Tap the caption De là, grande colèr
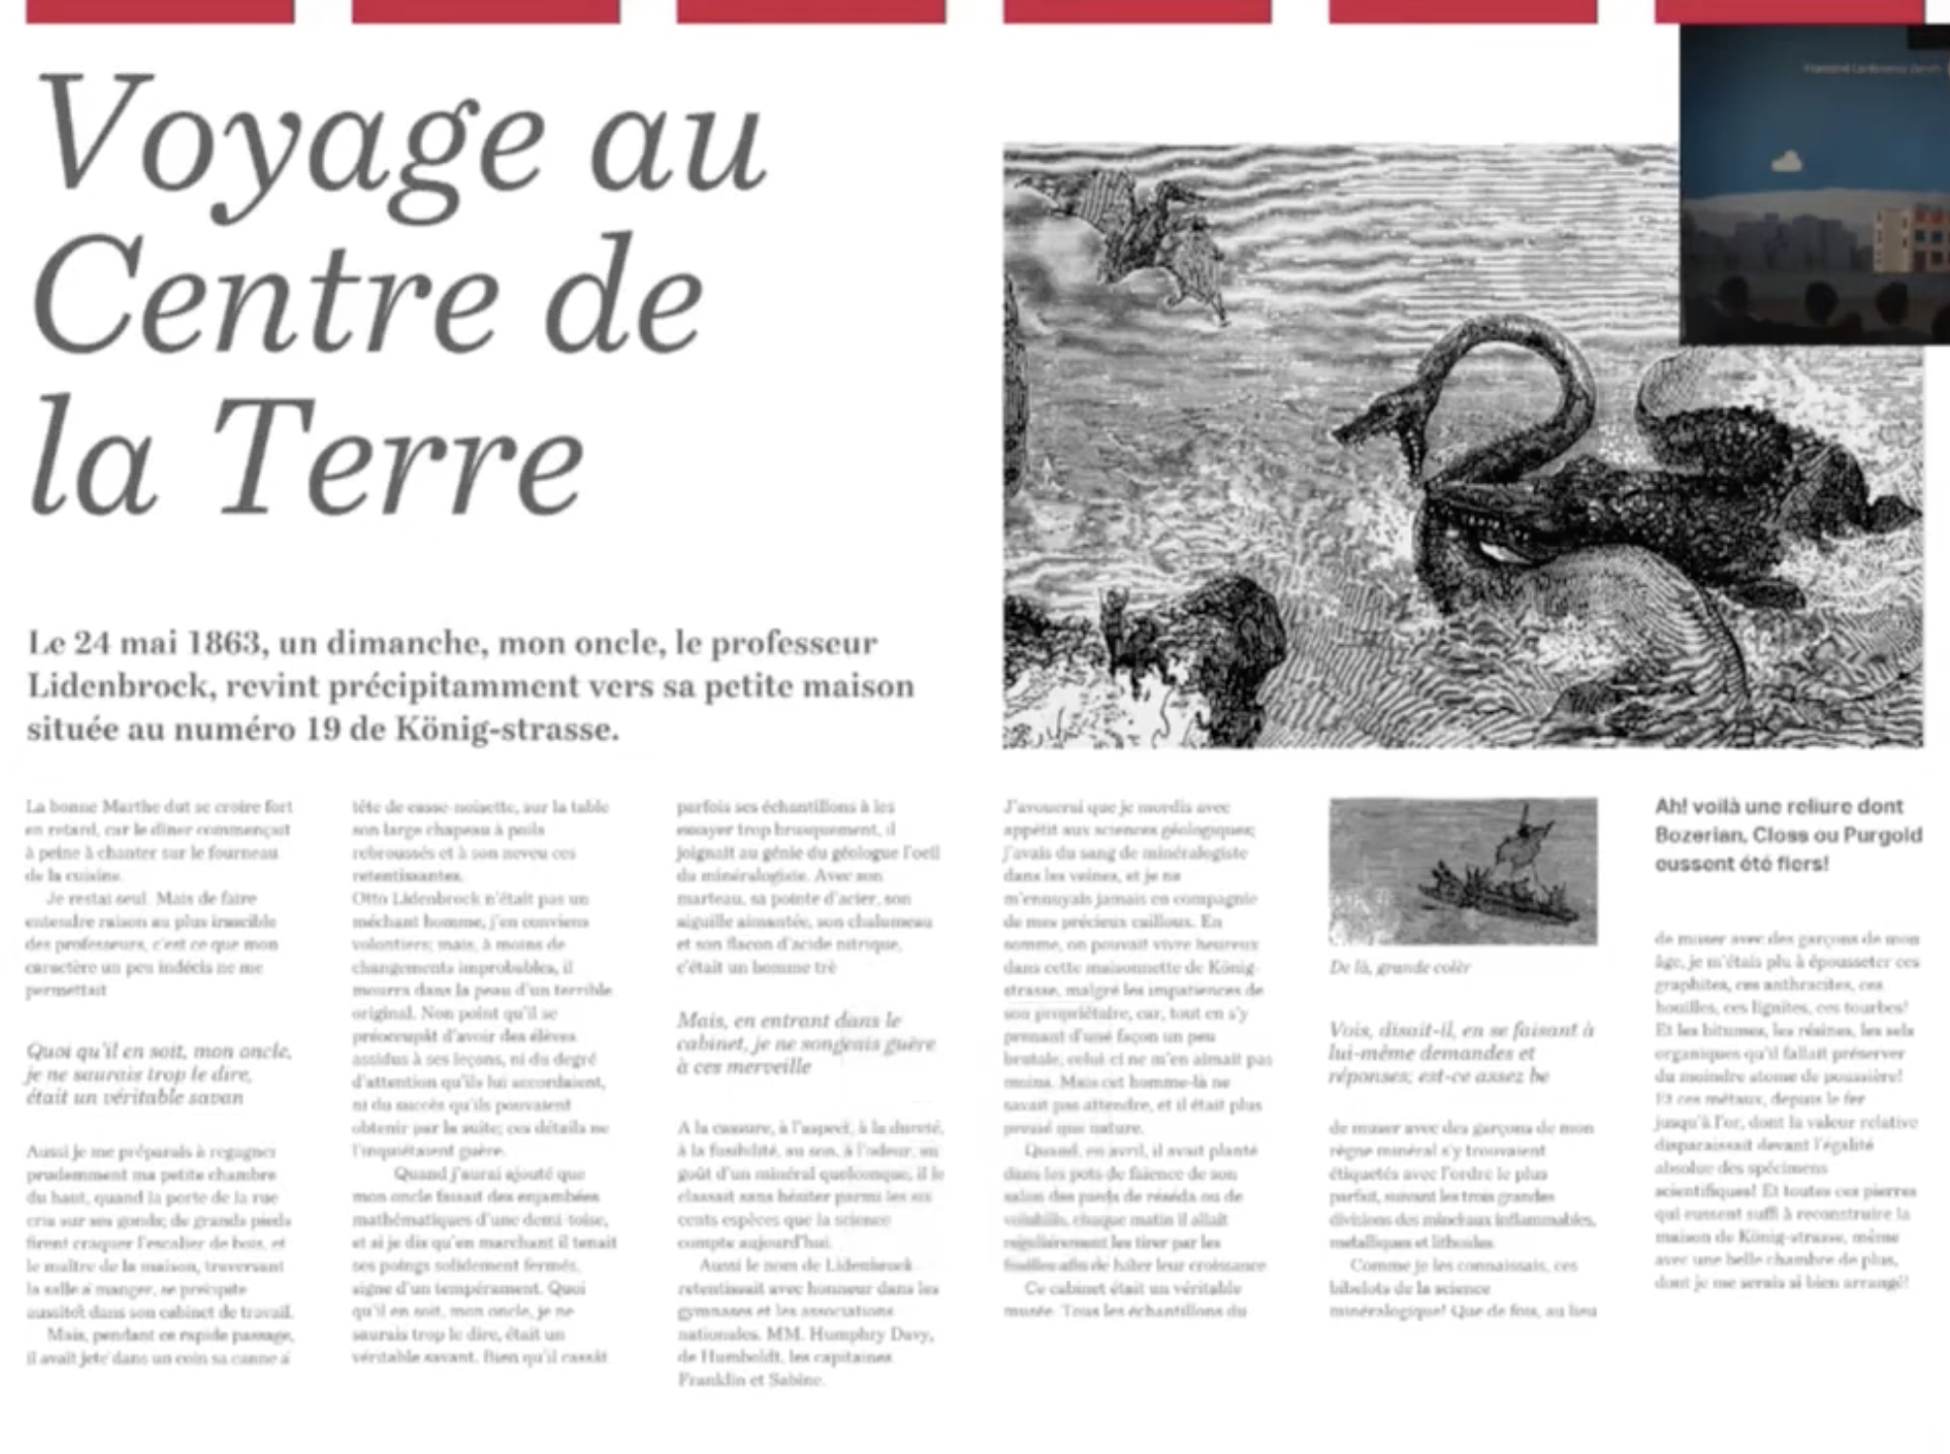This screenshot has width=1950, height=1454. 1399,967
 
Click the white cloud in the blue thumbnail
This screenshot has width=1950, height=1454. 1787,161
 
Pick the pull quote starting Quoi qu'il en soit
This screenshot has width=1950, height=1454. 158,1074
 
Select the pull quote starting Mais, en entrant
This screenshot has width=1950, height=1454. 805,1043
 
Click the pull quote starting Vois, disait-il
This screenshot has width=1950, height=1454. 1460,1053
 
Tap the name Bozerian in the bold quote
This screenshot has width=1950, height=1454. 1699,836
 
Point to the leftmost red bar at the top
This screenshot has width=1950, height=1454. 159,11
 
